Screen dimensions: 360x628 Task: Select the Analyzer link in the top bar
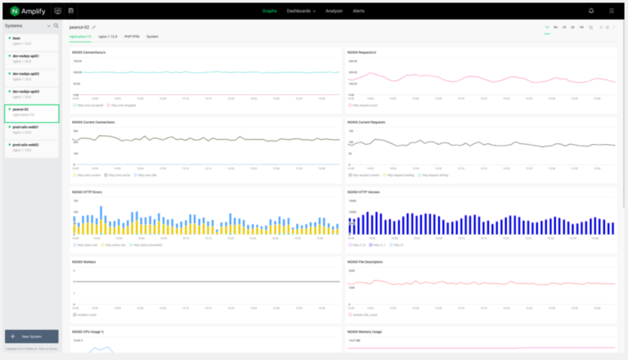[334, 11]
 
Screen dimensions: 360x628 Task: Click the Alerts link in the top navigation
[358, 11]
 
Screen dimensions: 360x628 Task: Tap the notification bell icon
[591, 11]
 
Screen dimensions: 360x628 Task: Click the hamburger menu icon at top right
[612, 11]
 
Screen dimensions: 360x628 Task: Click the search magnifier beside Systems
[56, 25]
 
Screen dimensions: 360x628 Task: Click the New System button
[31, 336]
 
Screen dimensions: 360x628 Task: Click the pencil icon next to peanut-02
[94, 27]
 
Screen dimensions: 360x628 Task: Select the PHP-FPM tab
[132, 38]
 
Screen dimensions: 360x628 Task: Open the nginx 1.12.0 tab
[108, 38]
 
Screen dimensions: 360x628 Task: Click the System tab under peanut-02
[153, 38]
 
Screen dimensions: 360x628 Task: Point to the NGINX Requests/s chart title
[361, 52]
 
